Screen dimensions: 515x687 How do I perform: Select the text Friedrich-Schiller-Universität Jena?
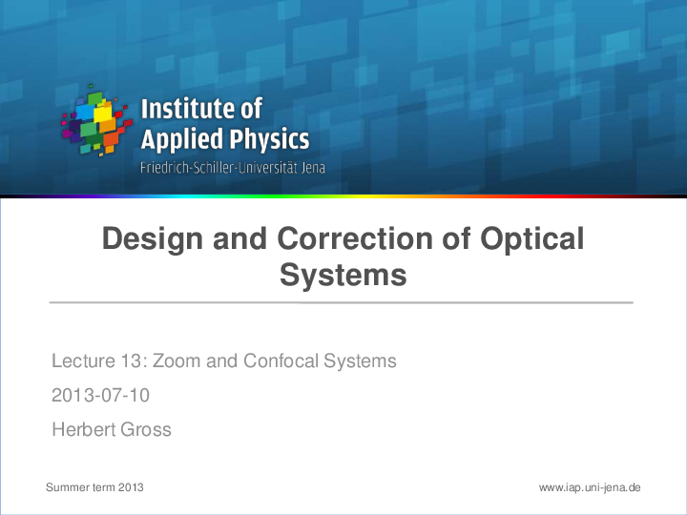[233, 168]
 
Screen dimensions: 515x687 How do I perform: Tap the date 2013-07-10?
[100, 395]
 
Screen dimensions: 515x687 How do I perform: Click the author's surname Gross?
[146, 429]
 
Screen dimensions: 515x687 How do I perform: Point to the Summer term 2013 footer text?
[94, 487]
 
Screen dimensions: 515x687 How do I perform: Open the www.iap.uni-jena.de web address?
[589, 487]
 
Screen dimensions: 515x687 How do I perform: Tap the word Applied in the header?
[178, 140]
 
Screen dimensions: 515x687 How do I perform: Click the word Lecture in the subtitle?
[81, 361]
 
